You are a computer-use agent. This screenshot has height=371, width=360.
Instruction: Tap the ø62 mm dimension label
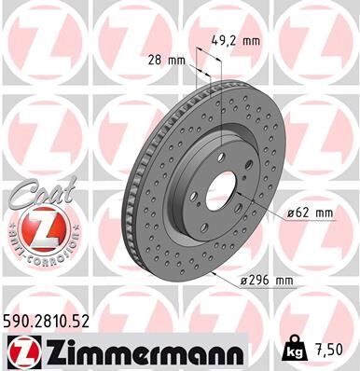pyautogui.click(x=311, y=213)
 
